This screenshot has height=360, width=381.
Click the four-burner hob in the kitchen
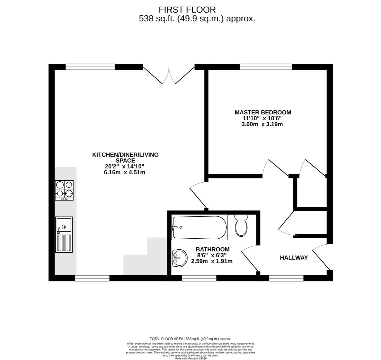(64, 190)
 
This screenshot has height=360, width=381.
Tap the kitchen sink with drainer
(64, 235)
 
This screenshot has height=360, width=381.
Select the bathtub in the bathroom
(199, 227)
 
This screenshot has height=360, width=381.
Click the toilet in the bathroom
(241, 226)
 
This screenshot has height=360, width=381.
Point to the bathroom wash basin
(180, 258)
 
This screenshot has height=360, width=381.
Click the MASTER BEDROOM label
(263, 113)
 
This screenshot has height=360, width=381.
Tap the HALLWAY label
(294, 258)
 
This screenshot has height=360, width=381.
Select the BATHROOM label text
(212, 249)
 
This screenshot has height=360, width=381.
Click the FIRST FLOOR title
(187, 10)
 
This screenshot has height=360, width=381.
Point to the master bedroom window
(266, 67)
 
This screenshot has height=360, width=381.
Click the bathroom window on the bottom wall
(199, 278)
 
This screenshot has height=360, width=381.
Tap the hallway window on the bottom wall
(286, 278)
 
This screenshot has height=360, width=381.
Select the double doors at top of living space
(169, 76)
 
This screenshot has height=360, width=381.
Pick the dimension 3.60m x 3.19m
(262, 124)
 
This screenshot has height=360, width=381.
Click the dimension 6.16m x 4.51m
(125, 172)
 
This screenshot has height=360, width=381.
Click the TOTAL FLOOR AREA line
(190, 339)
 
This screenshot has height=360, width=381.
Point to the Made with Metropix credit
(190, 358)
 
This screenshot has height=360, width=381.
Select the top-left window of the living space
(90, 67)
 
